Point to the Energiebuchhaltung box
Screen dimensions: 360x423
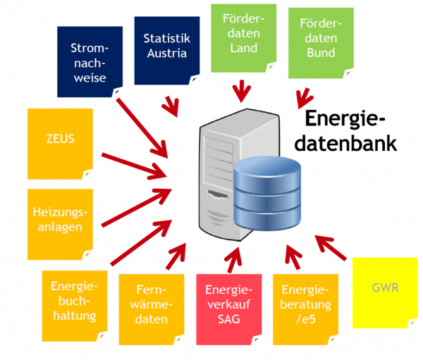point(73,299)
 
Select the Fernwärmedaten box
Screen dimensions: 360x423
point(151,304)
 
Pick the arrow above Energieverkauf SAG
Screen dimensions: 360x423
point(226,258)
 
